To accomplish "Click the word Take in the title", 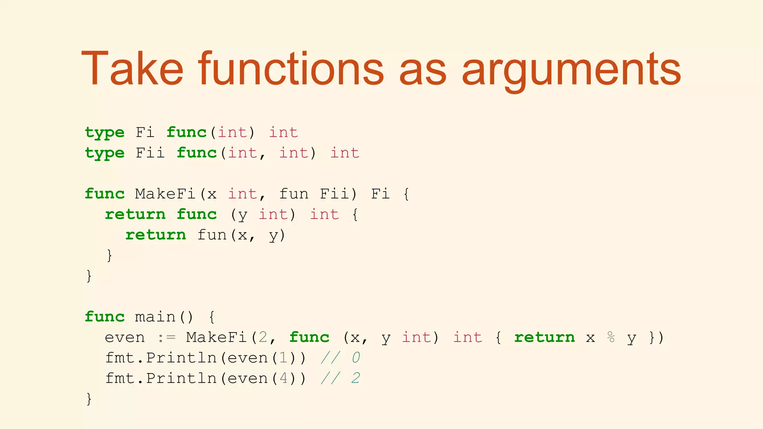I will click(x=132, y=69).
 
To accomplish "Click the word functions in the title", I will click(x=291, y=69).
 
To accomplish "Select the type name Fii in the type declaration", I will click(x=150, y=153).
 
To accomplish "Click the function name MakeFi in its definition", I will click(x=165, y=194).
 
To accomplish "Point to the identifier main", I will click(x=155, y=317).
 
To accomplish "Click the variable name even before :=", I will click(x=124, y=337).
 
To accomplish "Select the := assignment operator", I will click(x=166, y=337).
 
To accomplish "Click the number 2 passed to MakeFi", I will click(x=263, y=337).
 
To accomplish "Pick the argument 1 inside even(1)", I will click(x=283, y=358).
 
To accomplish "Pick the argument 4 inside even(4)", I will click(x=283, y=378).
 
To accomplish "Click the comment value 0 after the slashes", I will click(x=355, y=358).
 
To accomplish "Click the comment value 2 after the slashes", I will click(x=355, y=378).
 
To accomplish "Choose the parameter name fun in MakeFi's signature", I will click(x=294, y=194).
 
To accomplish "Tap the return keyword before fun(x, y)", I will click(x=155, y=235).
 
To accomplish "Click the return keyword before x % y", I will click(x=544, y=337).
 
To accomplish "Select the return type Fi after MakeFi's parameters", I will click(x=380, y=194).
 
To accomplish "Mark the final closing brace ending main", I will click(x=89, y=399).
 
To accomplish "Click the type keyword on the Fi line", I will click(x=105, y=133).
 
